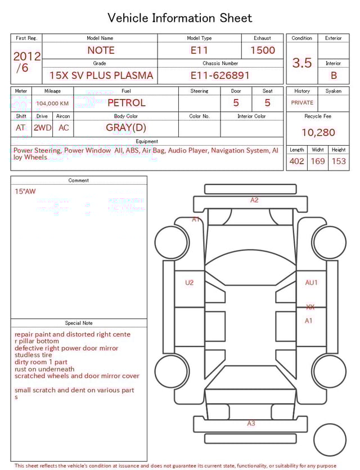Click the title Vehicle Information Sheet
tap(180, 18)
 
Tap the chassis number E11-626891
tap(220, 75)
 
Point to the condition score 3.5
tap(302, 62)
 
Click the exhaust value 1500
tap(263, 50)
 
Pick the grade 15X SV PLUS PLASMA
tap(101, 75)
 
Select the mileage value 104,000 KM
tap(52, 104)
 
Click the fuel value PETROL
tap(126, 102)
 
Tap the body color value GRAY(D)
tap(126, 128)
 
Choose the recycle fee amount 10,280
tap(318, 132)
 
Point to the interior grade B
tap(334, 75)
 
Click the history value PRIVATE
tap(302, 103)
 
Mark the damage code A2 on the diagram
tap(254, 200)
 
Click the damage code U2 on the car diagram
tap(189, 283)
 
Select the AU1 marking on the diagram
tap(311, 283)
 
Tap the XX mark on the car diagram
tap(310, 307)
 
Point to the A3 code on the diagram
tap(251, 423)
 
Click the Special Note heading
tap(79, 323)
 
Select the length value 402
tap(296, 161)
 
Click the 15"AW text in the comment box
tap(25, 191)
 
